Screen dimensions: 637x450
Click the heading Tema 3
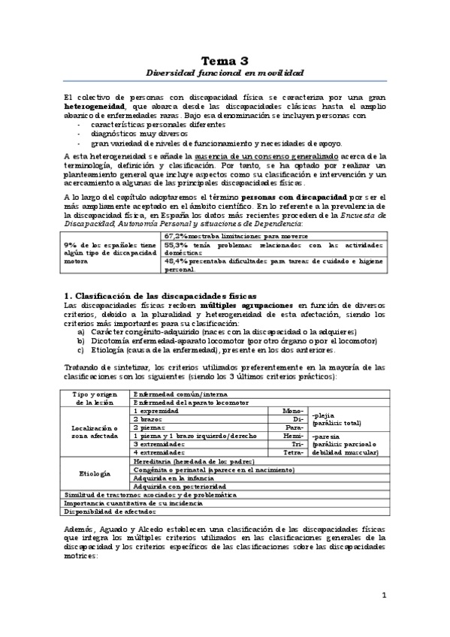point(225,60)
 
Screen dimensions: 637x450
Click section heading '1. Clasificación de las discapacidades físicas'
point(160,297)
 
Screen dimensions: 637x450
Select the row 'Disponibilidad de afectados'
point(109,512)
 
